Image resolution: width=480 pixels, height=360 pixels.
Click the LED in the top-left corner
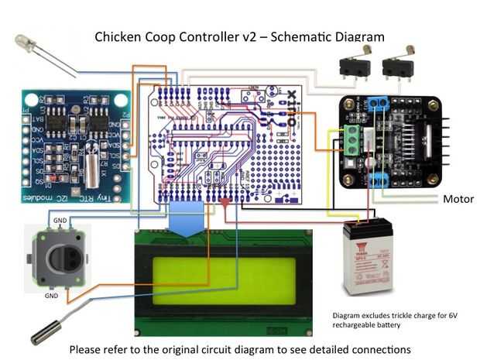pos(26,44)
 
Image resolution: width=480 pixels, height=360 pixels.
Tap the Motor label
pos(458,199)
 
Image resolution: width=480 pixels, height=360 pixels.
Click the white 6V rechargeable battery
pos(368,256)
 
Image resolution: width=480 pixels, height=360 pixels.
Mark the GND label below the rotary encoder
pos(51,295)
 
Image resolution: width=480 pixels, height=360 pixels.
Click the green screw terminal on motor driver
pos(352,139)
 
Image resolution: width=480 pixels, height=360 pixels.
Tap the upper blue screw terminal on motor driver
pos(379,104)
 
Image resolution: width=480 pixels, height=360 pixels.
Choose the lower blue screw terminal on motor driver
pos(379,180)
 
